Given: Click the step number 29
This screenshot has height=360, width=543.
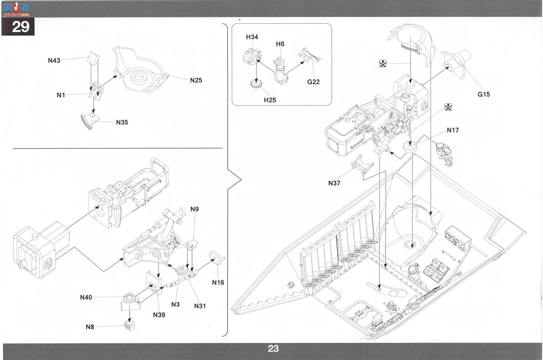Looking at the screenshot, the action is (x=21, y=27).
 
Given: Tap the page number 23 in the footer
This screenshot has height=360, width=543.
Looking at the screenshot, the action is (x=273, y=349).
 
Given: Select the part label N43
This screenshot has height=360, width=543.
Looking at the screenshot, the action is (x=54, y=60).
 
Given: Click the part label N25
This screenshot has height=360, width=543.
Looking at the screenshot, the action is (x=196, y=80).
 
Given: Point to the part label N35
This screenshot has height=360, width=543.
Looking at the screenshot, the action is (x=122, y=122).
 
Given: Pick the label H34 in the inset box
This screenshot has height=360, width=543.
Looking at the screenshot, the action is (x=252, y=37).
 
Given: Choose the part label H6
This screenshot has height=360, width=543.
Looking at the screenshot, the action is (x=280, y=44).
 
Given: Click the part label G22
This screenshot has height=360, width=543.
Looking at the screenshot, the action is (x=313, y=82).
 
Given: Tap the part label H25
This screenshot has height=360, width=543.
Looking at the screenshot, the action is (x=270, y=100).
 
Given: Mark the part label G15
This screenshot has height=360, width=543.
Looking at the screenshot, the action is (x=483, y=94).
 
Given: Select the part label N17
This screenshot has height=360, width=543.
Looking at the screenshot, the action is (x=453, y=130).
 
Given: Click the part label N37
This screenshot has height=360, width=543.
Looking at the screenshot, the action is (x=334, y=183).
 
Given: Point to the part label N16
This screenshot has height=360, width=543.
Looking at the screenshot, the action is (x=218, y=282).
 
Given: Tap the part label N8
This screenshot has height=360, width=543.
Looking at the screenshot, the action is (x=90, y=327).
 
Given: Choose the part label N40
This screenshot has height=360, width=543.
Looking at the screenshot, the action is (x=86, y=297).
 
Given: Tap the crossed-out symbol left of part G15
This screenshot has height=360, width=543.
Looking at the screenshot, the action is (x=383, y=64).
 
